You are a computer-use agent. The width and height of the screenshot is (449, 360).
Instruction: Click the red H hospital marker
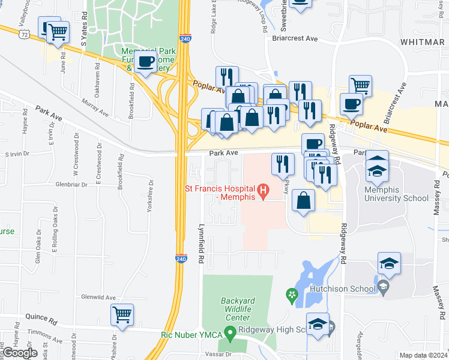click(262, 191)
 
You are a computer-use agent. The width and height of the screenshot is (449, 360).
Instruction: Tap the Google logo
click(20, 353)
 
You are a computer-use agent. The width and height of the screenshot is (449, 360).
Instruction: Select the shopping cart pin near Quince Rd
click(122, 314)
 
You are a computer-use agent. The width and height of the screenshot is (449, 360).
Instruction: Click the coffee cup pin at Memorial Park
click(145, 61)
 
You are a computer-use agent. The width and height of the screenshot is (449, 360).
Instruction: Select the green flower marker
click(292, 295)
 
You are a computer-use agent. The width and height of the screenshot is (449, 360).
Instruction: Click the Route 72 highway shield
click(24, 35)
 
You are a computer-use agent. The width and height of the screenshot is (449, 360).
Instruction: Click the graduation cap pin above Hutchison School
click(389, 263)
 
